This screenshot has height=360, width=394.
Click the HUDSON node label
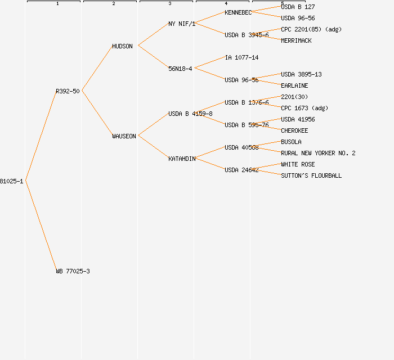[122, 46]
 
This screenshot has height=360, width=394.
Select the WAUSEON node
[124, 136]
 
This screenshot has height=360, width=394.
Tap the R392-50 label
[68, 91]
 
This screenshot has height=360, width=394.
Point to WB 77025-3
[73, 271]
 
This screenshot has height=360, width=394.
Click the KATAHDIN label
[182, 159]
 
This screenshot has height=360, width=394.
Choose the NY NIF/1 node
[182, 24]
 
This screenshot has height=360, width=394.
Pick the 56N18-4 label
[180, 69]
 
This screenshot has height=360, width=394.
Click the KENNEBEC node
[238, 12]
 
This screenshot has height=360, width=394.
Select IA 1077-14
[241, 57]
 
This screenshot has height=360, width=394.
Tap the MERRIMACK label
[296, 40]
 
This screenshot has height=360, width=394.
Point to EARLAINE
[294, 85]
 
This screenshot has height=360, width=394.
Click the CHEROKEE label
[294, 130]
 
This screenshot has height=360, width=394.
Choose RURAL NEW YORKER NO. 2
[318, 153]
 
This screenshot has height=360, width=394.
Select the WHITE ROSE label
[298, 164]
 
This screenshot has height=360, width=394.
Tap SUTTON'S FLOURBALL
[311, 175]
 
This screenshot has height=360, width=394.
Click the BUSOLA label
[291, 142]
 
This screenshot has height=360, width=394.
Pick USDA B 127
[298, 7]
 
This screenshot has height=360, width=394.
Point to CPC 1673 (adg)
[305, 108]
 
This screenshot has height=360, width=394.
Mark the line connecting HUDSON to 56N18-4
[153, 57]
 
